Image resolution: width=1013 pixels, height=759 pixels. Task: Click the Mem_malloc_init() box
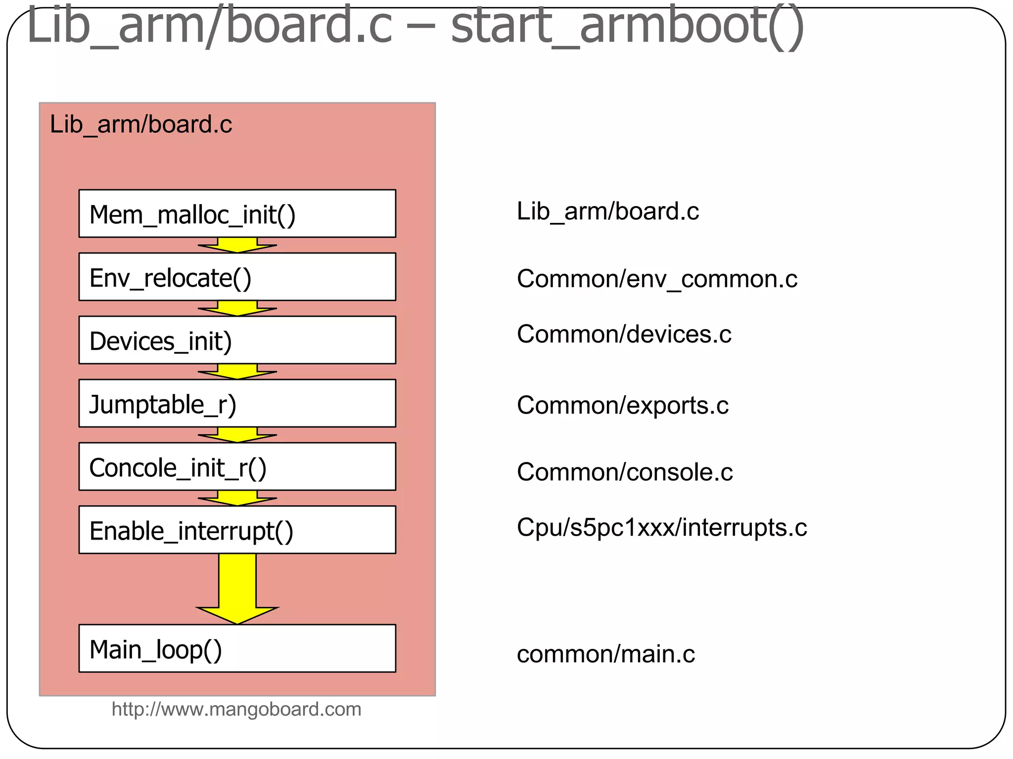click(x=237, y=213)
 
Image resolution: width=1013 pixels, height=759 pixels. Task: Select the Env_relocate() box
click(x=237, y=277)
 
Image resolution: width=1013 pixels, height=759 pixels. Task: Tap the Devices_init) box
click(x=237, y=340)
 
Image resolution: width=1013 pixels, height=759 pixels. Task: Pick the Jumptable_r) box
click(x=237, y=403)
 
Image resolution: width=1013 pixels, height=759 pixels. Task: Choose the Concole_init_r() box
click(x=237, y=466)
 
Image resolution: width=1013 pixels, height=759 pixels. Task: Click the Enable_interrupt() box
click(x=237, y=530)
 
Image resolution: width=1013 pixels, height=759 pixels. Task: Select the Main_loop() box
click(x=237, y=648)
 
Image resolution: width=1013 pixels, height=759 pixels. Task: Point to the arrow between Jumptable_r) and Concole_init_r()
click(x=237, y=435)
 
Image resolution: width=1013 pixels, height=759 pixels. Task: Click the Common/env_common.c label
click(x=657, y=279)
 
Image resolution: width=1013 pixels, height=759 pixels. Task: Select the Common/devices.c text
click(x=624, y=335)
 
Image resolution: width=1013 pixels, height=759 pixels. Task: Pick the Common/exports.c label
click(x=622, y=406)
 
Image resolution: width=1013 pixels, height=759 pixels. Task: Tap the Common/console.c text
click(x=624, y=472)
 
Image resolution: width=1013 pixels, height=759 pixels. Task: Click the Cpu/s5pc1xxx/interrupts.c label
click(x=661, y=528)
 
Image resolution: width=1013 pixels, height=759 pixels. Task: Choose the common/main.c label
click(x=605, y=654)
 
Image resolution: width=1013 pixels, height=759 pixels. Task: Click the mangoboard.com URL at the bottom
click(x=236, y=710)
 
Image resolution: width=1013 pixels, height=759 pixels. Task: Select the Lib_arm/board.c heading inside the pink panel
click(x=141, y=125)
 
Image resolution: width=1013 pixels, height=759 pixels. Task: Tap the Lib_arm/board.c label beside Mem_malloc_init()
click(x=607, y=211)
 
